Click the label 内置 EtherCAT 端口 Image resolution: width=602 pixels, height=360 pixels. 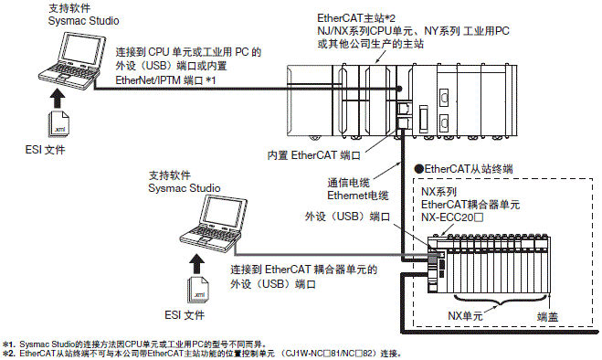point(315,155)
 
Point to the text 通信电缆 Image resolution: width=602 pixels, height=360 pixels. point(347,182)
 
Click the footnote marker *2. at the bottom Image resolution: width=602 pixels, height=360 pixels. point(8,352)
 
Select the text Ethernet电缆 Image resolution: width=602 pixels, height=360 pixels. point(355,195)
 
